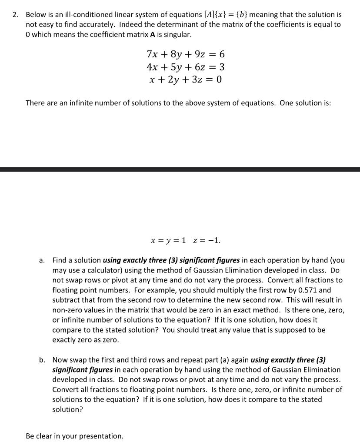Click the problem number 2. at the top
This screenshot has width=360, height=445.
[15, 15]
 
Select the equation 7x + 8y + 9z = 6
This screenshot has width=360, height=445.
[186, 54]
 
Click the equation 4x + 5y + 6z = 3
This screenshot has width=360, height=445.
[186, 67]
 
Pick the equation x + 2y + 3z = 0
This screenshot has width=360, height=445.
[186, 80]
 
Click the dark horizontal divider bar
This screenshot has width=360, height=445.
[180, 169]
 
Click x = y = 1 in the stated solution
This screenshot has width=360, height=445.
[168, 240]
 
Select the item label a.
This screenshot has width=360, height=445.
[42, 261]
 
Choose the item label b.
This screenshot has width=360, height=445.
[42, 360]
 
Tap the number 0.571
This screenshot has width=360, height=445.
[304, 290]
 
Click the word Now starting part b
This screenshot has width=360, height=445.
[60, 360]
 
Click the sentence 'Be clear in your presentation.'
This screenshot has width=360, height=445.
[74, 436]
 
